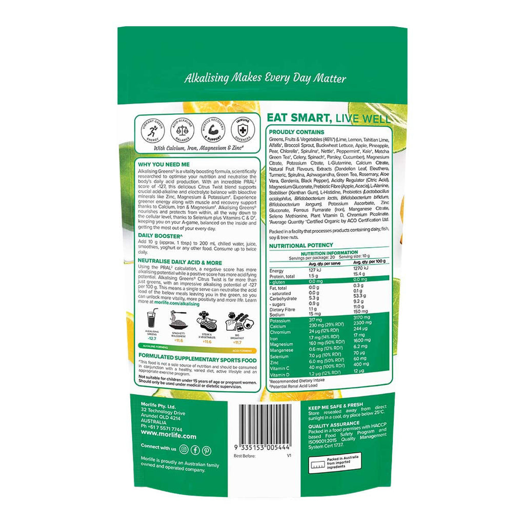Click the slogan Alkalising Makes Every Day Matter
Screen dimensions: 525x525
pyautogui.click(x=265, y=78)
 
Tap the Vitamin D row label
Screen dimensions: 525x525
pyautogui.click(x=280, y=375)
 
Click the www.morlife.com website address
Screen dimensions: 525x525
pyautogui.click(x=161, y=436)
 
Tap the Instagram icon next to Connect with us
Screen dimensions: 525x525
pyautogui.click(x=184, y=450)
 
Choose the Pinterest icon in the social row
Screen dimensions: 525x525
pyautogui.click(x=207, y=450)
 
